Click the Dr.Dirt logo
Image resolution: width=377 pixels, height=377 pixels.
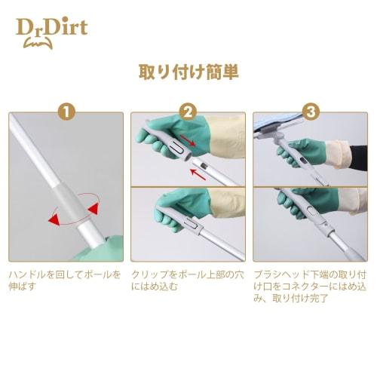pos(52,29)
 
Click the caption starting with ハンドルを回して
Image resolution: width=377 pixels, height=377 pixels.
pos(65,281)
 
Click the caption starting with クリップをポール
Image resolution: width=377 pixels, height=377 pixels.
pos(187,281)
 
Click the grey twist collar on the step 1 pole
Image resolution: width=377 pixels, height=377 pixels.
pos(69,205)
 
